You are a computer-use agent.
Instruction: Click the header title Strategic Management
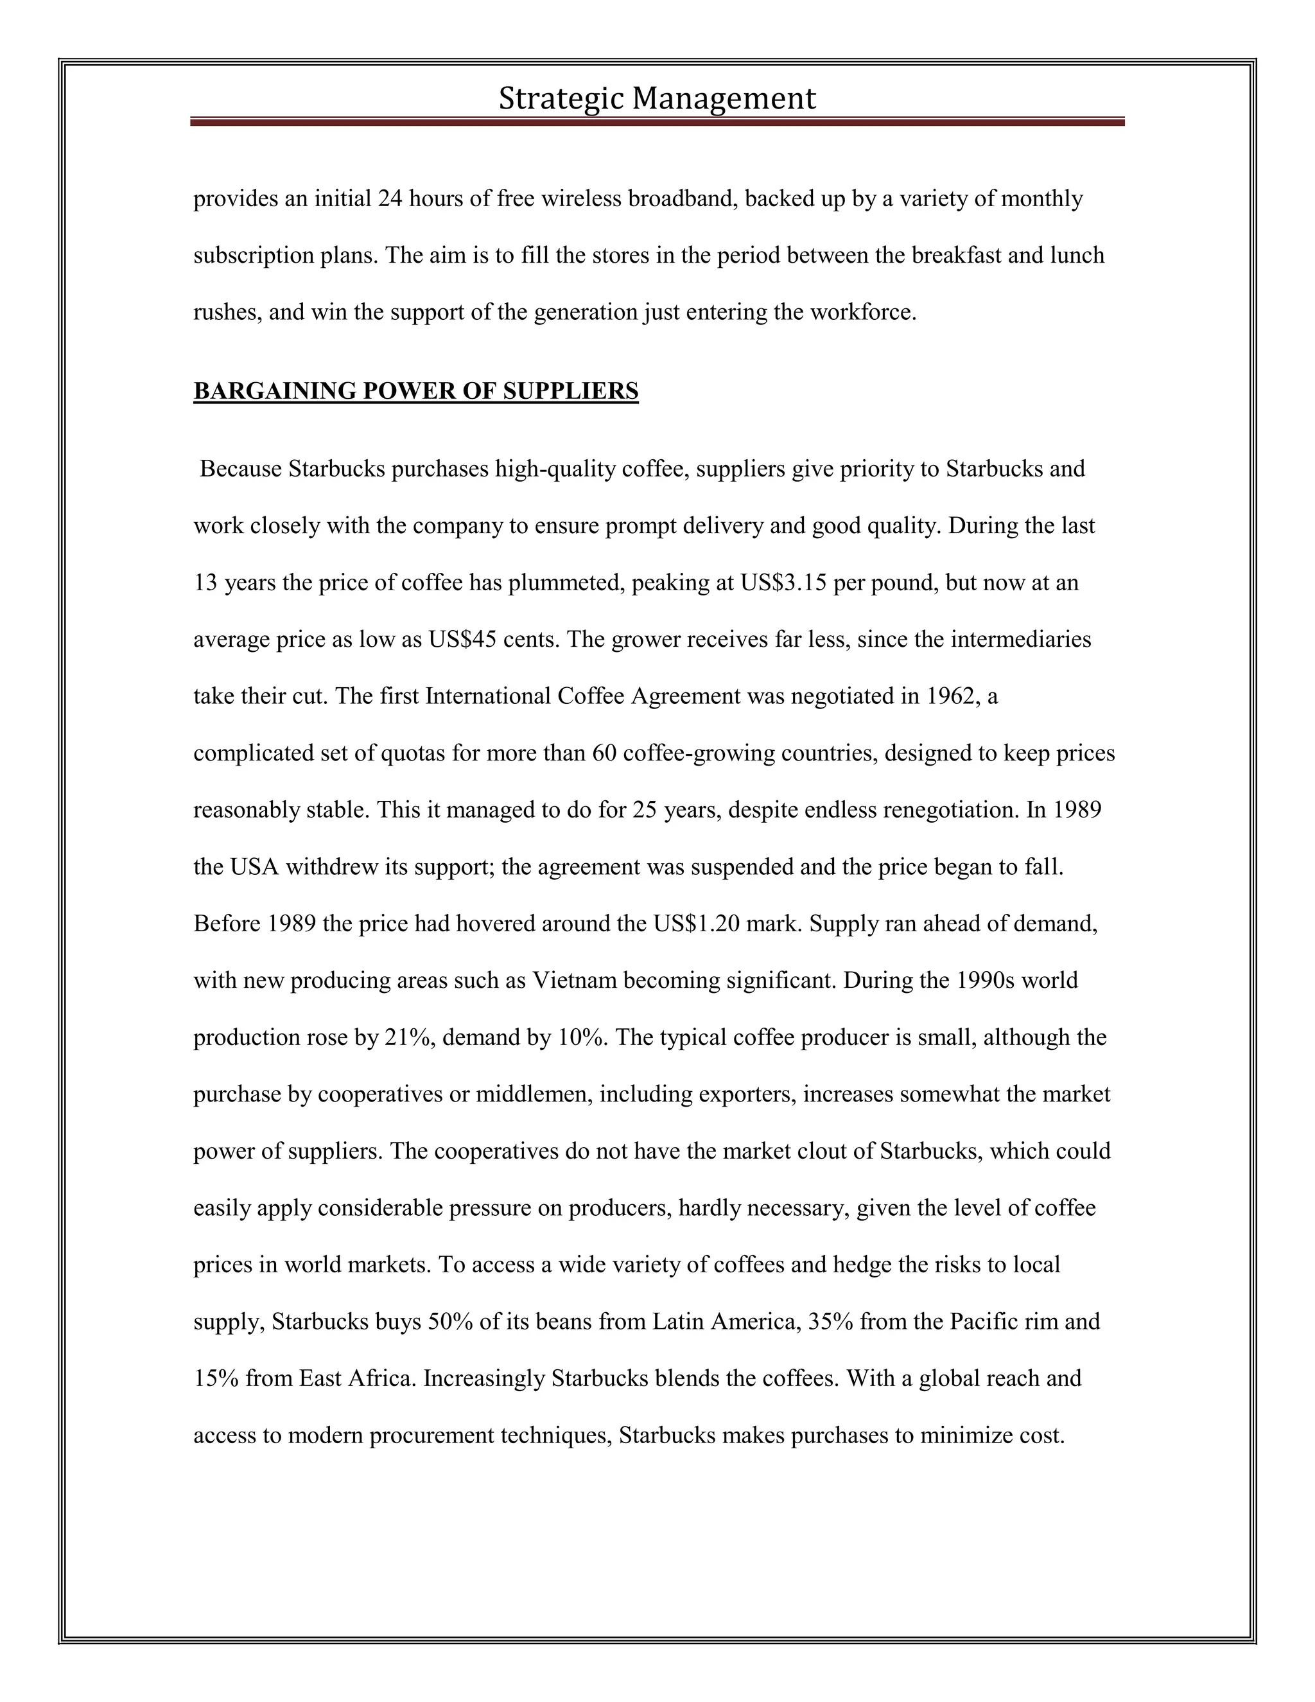click(x=657, y=99)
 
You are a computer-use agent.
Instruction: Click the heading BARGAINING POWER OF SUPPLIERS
click(x=415, y=391)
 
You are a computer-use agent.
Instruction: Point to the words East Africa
click(x=356, y=1378)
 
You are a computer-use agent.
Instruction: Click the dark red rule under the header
click(x=657, y=122)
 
